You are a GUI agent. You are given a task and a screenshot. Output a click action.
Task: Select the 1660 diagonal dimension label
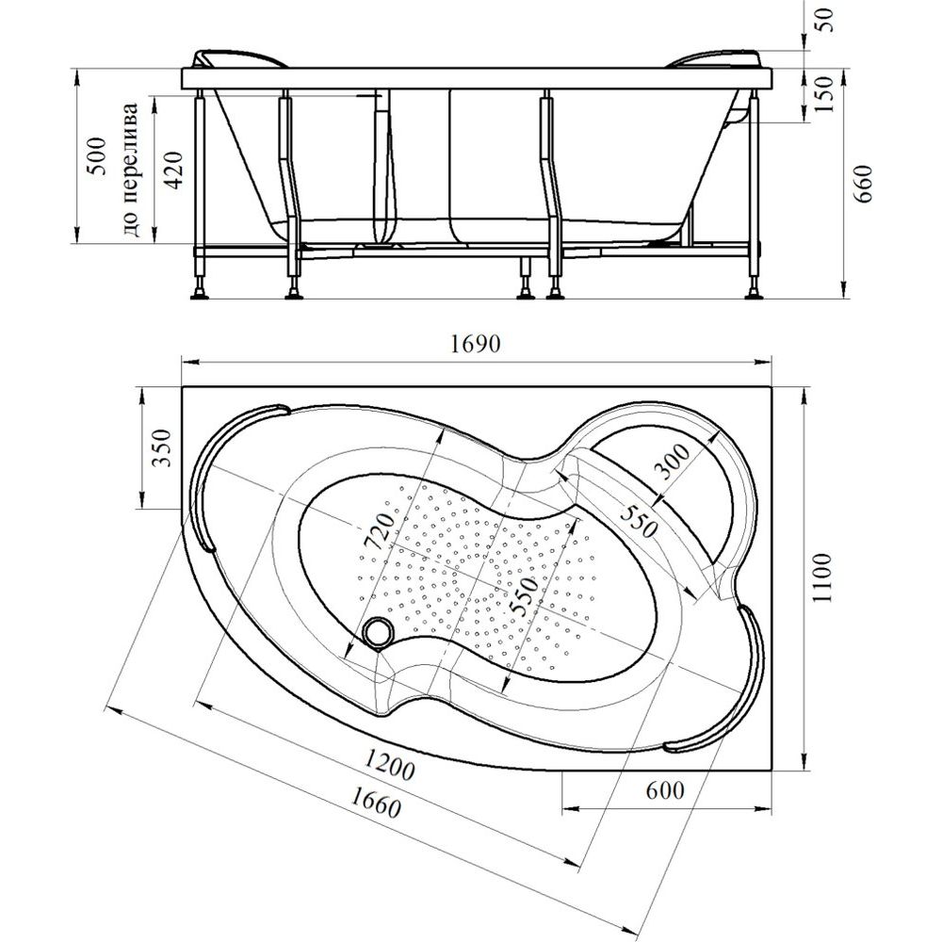[x=367, y=804]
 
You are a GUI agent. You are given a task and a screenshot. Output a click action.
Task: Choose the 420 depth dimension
[x=173, y=170]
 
